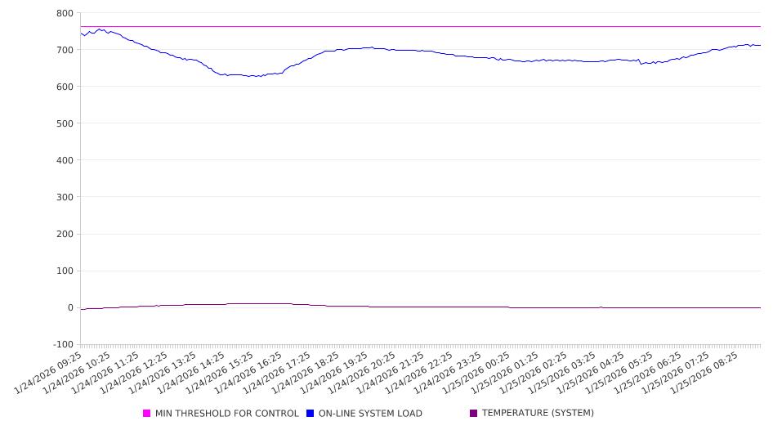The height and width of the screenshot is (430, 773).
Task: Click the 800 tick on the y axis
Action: tap(65, 13)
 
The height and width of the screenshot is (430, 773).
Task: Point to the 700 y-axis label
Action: tap(65, 50)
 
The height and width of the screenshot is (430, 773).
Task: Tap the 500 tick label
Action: tap(65, 123)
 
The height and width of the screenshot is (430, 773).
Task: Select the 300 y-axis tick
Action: tap(65, 197)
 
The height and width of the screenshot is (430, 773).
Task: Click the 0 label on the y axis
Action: tap(70, 307)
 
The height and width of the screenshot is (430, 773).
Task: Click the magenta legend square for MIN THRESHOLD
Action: tap(147, 414)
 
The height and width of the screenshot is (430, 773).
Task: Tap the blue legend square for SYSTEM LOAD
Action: tap(310, 414)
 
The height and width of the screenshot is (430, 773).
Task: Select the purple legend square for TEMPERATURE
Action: tap(473, 414)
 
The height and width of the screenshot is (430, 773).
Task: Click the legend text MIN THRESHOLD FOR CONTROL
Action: tap(226, 414)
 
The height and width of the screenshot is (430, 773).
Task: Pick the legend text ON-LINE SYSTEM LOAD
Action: tap(370, 414)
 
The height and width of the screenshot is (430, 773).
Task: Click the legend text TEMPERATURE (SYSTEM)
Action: tap(538, 414)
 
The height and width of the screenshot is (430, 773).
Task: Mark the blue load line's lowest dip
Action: tap(253, 76)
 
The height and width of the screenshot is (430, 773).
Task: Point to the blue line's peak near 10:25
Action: tap(100, 29)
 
